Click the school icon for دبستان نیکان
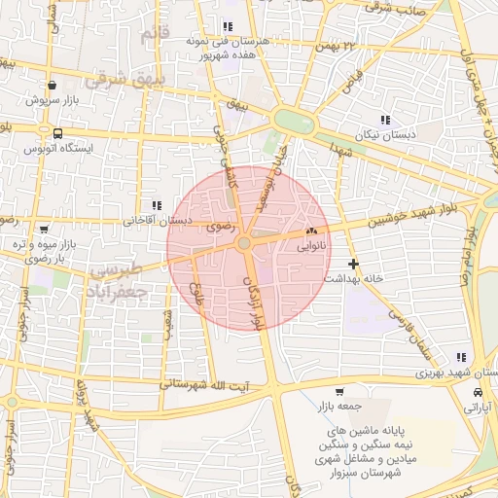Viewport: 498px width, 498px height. coord(385,120)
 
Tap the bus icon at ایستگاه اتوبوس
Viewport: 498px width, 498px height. coord(59,133)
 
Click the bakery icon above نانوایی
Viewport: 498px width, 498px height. coord(312,231)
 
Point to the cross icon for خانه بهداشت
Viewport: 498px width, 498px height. coord(352,263)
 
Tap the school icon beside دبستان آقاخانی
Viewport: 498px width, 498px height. coord(156,205)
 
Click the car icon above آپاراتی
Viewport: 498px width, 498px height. coord(478,391)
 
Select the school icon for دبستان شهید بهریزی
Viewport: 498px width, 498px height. coord(459,357)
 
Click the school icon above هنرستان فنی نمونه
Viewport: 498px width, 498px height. coord(227,27)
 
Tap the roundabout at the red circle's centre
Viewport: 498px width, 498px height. coord(246,242)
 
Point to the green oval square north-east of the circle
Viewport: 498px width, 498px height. coord(294,122)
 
